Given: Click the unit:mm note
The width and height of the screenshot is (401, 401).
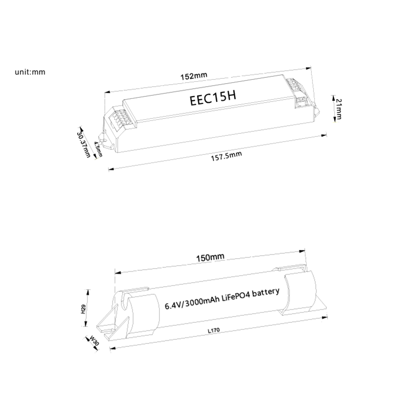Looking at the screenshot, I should coord(30,72).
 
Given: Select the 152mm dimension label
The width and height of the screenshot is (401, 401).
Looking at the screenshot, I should coord(193,76).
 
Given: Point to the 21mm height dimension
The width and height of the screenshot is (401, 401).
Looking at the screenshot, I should coord(338,109).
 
